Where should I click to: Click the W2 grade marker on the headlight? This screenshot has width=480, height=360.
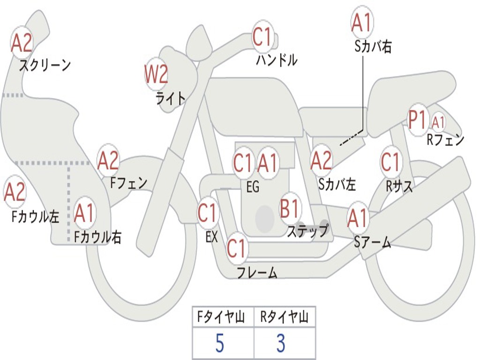(x=156, y=74)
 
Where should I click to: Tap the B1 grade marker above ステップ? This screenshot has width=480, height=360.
(x=290, y=209)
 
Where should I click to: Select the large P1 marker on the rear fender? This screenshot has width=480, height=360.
(x=418, y=119)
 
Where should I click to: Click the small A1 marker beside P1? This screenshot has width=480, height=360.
(x=438, y=122)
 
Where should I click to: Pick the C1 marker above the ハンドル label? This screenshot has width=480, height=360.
(x=262, y=37)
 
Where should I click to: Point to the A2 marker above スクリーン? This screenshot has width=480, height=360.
(x=22, y=43)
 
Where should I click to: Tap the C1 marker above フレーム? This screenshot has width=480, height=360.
(x=236, y=248)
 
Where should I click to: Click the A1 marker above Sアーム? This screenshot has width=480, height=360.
(x=357, y=217)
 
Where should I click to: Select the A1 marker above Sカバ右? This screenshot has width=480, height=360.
(x=362, y=22)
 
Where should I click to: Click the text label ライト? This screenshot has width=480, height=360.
(x=171, y=98)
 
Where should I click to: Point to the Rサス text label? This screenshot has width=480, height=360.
(x=399, y=186)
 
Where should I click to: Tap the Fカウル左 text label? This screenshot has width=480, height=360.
(x=35, y=217)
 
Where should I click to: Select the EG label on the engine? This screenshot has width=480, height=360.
(x=253, y=187)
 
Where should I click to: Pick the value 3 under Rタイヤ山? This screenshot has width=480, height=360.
(x=281, y=343)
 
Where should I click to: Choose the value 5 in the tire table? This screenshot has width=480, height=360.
(x=220, y=343)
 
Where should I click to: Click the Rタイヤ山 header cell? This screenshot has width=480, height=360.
(x=285, y=317)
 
